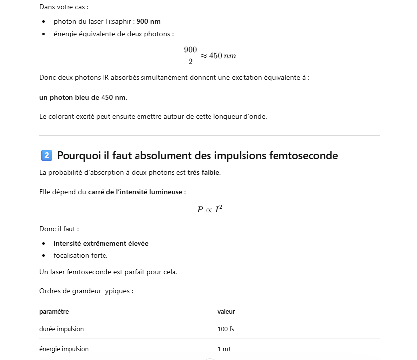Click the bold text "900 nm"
click(148, 22)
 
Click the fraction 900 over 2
click(190, 55)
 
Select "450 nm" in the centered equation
click(223, 56)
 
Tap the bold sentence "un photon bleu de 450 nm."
click(83, 97)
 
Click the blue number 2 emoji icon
click(46, 156)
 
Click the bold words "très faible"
click(204, 173)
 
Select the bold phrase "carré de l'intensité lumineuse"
click(135, 192)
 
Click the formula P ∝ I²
click(209, 209)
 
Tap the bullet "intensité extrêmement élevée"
click(101, 243)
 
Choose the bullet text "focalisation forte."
click(80, 255)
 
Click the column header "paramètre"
click(54, 312)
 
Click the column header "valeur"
click(226, 312)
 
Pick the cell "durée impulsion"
click(62, 329)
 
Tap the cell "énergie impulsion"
click(64, 349)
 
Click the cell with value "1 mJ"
click(224, 349)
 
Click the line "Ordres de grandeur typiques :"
click(86, 291)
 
